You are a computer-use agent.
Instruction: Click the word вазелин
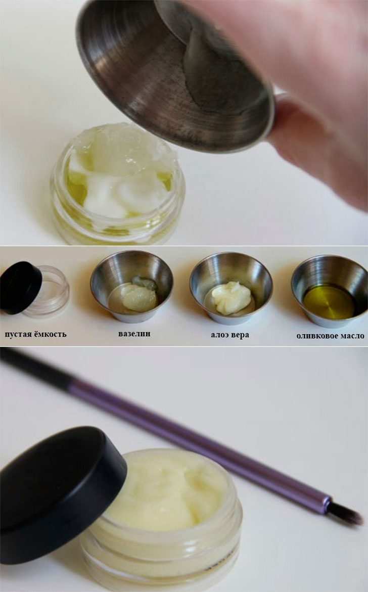point(134,334)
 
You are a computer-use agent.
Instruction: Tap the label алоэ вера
point(230,335)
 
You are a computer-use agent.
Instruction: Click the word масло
point(352,336)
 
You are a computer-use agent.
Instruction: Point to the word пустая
point(19,334)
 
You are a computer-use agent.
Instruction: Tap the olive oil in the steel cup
point(329,302)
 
